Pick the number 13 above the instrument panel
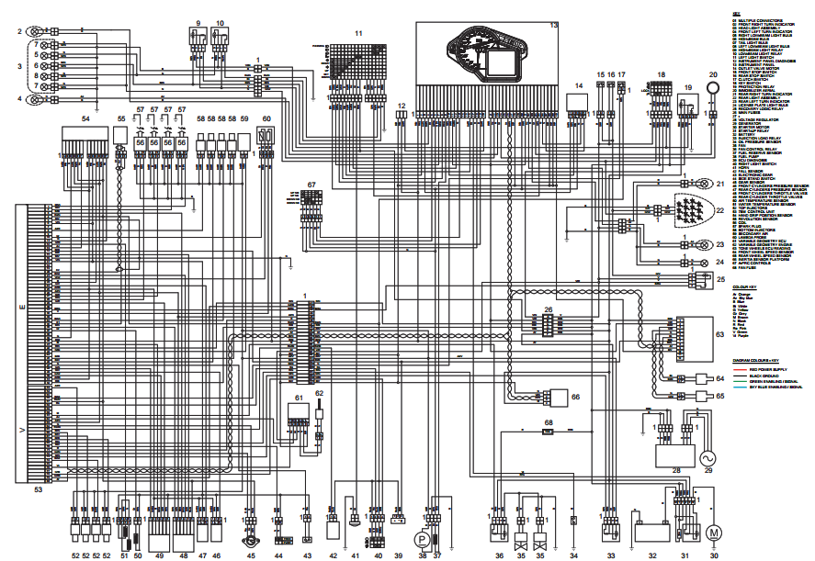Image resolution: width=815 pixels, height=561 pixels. [x=553, y=25]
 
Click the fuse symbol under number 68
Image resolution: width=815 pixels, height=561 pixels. [x=548, y=430]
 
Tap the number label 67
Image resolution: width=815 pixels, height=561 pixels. [x=312, y=185]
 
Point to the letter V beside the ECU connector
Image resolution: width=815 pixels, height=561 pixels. [x=22, y=429]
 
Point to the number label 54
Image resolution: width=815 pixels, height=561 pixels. [x=85, y=119]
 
